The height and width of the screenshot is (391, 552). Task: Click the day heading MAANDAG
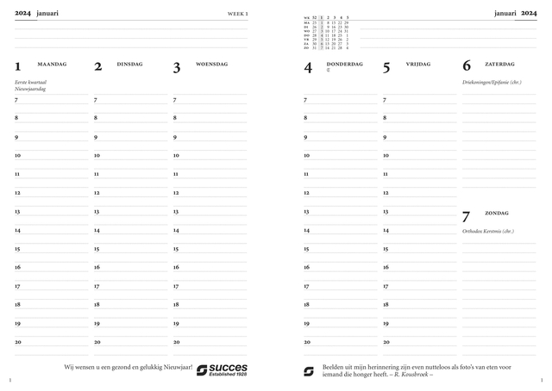pyautogui.click(x=50, y=64)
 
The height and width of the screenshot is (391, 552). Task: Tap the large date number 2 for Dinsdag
pyautogui.click(x=97, y=66)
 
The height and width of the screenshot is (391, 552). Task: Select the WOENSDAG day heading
pyautogui.click(x=211, y=64)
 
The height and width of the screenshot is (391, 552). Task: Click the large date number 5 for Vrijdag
pyautogui.click(x=386, y=66)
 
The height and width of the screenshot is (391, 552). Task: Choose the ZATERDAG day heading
pyautogui.click(x=499, y=64)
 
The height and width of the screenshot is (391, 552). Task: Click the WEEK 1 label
pyautogui.click(x=237, y=14)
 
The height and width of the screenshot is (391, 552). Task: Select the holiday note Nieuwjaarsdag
pyautogui.click(x=30, y=89)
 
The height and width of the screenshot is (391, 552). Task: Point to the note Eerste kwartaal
pyautogui.click(x=32, y=82)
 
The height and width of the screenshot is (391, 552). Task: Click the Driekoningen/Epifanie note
pyautogui.click(x=492, y=82)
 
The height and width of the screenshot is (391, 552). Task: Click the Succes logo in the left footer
pyautogui.click(x=222, y=369)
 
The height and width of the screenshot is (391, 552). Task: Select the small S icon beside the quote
pyautogui.click(x=309, y=371)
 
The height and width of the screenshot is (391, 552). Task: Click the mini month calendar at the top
pyautogui.click(x=326, y=33)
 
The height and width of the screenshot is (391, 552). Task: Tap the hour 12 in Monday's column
pyautogui.click(x=17, y=193)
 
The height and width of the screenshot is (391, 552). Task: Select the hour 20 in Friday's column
pyautogui.click(x=386, y=342)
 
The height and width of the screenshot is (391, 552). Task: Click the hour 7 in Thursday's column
pyautogui.click(x=305, y=100)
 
